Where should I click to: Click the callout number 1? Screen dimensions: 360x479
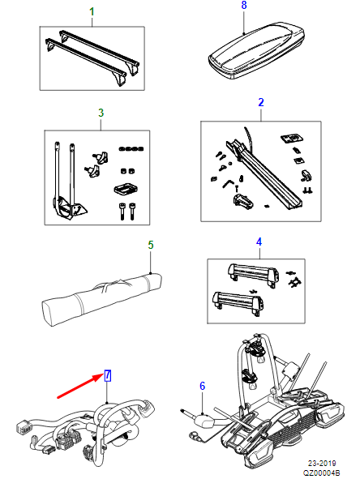pos(92,12)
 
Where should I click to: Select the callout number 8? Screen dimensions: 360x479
pos(243,5)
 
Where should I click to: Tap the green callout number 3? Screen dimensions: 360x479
pos(101,113)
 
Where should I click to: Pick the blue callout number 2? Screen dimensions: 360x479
pos(261,102)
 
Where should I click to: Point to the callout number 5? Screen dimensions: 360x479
pos(150,245)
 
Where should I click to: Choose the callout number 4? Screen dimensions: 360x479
pos(259,242)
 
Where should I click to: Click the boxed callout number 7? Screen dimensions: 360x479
pos(107,376)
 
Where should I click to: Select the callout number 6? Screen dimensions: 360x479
pos(203,386)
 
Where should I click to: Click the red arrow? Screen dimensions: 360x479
pos(80,387)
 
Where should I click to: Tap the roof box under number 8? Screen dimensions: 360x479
pos(256,50)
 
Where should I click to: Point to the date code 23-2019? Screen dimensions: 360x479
pos(322,464)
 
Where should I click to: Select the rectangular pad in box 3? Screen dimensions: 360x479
pos(125,190)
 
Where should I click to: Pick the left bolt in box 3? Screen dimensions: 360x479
pos(122,211)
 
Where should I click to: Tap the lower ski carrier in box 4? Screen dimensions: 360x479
pos(238,303)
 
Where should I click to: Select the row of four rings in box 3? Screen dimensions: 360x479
pos(131,149)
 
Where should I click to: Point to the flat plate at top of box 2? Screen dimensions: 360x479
pos(292,138)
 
